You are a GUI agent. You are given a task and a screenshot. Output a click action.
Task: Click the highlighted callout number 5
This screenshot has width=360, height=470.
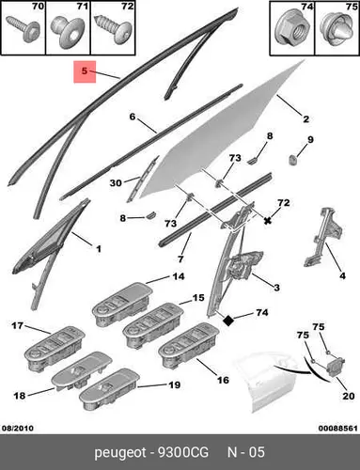tap(85, 70)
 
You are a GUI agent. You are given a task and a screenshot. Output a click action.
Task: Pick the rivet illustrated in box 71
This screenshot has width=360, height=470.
tap(68, 33)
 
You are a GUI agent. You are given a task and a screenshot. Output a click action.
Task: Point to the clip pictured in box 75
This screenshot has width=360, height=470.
tap(337, 30)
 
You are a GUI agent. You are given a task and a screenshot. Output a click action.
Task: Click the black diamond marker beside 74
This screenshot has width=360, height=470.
tap(228, 321)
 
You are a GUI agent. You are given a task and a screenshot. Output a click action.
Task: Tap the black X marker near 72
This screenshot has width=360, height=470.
tap(267, 221)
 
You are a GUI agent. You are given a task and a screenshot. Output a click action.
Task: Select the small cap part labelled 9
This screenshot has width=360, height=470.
tap(292, 161)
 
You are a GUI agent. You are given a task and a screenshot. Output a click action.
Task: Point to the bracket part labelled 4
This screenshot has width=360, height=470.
tap(321, 237)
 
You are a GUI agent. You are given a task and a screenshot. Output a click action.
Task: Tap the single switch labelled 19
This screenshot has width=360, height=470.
tap(109, 389)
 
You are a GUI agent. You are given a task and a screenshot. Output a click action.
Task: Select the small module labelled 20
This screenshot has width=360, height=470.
tap(336, 366)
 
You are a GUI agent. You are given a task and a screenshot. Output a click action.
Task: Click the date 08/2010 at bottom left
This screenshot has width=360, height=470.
tap(18, 428)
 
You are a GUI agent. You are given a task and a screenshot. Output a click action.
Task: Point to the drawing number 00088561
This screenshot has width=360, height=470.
tap(337, 428)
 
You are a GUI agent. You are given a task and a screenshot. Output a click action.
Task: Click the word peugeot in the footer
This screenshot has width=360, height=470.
tap(120, 453)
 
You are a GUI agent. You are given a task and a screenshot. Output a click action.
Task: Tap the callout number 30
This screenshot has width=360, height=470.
tap(116, 182)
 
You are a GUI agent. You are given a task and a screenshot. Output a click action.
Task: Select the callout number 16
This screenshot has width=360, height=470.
tap(223, 380)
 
